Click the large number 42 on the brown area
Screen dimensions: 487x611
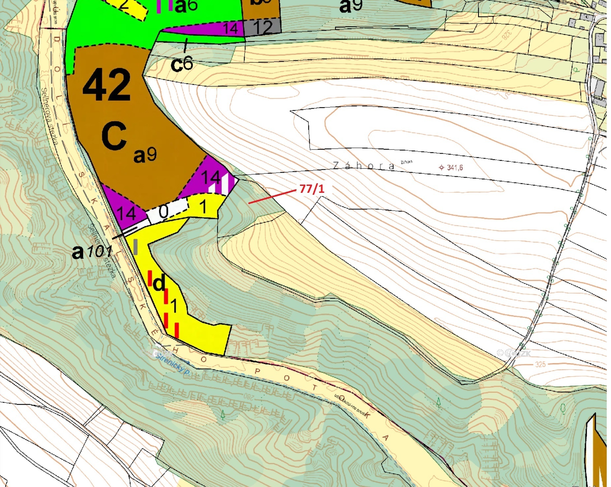(x=106, y=85)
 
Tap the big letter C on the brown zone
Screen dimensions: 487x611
(x=114, y=136)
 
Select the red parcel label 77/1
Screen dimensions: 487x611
(x=312, y=189)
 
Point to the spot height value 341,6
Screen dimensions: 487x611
(x=455, y=167)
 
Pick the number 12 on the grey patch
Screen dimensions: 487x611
(x=263, y=27)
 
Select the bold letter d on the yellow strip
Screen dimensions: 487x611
(x=159, y=283)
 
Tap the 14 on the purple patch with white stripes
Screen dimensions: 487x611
(x=211, y=177)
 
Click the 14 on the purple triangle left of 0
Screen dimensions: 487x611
(x=126, y=213)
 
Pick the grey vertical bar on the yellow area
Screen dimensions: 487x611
(x=135, y=247)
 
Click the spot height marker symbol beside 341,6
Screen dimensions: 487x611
(x=442, y=167)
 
